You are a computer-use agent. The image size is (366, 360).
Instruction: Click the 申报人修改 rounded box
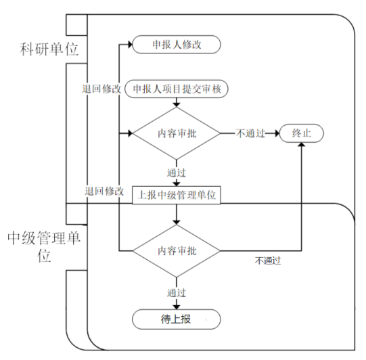point(177,45)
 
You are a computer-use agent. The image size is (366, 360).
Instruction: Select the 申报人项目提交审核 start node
point(177,89)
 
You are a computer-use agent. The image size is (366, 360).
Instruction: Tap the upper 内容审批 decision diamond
point(177,133)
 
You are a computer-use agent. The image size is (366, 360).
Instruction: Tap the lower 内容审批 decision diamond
point(177,251)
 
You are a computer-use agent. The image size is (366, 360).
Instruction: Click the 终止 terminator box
point(302,133)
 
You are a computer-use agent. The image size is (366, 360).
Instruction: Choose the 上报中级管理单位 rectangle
point(177,195)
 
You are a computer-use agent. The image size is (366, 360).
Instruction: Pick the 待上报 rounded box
point(177,319)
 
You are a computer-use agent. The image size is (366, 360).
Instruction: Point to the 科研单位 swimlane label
point(49,49)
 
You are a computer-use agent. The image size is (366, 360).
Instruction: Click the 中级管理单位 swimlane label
point(44,247)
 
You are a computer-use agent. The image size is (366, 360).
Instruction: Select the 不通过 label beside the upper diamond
point(250,133)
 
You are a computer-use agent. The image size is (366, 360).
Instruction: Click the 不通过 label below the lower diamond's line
point(268,261)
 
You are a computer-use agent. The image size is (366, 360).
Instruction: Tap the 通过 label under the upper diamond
point(177,173)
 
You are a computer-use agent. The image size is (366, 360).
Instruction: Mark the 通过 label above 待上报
point(177,293)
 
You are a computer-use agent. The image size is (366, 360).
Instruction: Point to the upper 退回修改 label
point(101,89)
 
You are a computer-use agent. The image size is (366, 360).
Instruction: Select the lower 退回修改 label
point(104,192)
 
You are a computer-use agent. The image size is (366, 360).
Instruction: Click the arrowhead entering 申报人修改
point(130,45)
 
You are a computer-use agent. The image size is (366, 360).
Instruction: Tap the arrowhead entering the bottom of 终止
point(302,145)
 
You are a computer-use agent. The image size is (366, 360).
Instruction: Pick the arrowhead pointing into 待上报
point(177,307)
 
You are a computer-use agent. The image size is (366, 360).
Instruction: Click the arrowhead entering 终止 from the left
point(277,133)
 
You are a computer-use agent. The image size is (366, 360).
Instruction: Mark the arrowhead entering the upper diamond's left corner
point(130,133)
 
